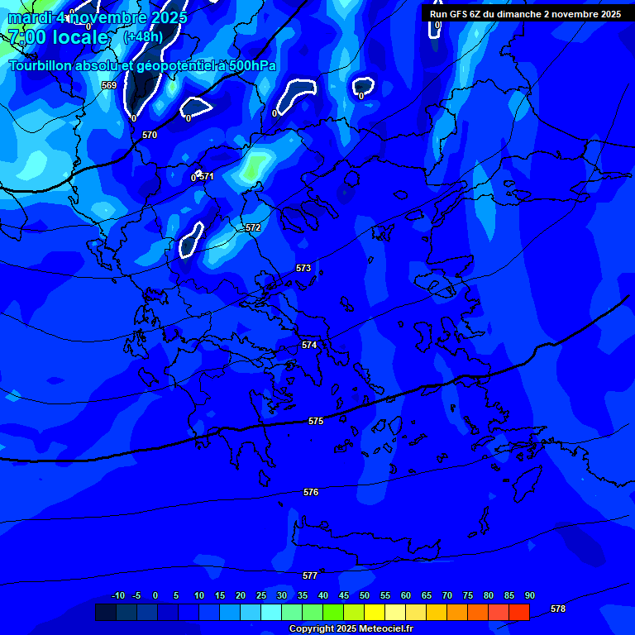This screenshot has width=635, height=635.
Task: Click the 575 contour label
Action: (x=316, y=422)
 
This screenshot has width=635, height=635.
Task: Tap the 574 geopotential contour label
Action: (x=309, y=345)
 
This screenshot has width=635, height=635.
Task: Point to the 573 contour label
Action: (x=303, y=269)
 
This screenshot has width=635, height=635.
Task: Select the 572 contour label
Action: (x=253, y=227)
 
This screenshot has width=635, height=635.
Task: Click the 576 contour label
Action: (x=311, y=493)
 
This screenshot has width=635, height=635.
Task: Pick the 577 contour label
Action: (x=310, y=575)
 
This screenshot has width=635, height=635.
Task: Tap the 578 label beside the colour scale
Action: (x=558, y=609)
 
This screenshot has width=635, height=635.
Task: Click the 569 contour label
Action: (x=109, y=85)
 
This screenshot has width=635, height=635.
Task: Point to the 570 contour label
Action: (x=150, y=135)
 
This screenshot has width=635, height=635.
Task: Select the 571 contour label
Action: (x=207, y=176)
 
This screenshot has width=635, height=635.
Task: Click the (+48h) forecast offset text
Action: (x=142, y=36)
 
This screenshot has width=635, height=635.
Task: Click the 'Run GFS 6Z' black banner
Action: (x=526, y=14)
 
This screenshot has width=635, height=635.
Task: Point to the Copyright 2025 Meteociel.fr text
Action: (x=351, y=629)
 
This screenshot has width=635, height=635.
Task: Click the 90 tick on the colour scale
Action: (x=530, y=595)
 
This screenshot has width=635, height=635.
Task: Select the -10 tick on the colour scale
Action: (x=117, y=595)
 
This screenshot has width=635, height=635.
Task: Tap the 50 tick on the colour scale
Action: (x=365, y=595)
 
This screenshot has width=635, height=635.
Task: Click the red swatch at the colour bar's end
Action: (x=518, y=612)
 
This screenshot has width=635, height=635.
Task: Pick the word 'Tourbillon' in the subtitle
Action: (x=41, y=66)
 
